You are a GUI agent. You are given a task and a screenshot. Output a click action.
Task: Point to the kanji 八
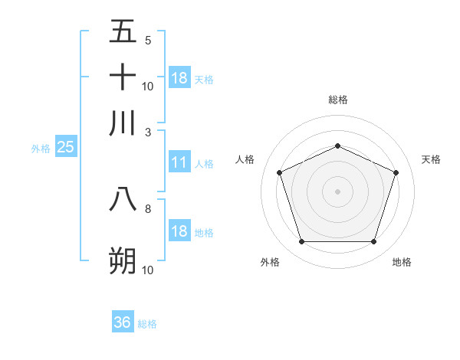[x=123, y=199]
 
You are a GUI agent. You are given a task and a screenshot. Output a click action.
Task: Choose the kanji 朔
[x=123, y=261]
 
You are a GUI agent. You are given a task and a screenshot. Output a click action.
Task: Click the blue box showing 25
[x=65, y=148]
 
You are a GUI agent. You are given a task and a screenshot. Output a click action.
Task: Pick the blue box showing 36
[x=122, y=322]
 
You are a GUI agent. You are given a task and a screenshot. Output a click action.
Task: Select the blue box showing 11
[x=179, y=162]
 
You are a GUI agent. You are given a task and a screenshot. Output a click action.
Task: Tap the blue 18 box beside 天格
[x=179, y=78]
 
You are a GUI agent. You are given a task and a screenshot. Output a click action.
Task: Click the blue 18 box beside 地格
[x=179, y=232]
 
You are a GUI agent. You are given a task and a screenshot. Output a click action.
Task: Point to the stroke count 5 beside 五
[x=148, y=41]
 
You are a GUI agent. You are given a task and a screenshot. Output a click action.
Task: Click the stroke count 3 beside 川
[x=148, y=132]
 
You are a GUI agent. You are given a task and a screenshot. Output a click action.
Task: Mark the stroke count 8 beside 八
[x=148, y=208]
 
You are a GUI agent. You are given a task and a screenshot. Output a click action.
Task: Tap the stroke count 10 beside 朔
[x=148, y=270]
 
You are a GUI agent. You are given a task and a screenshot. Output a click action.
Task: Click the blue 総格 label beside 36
[x=147, y=324]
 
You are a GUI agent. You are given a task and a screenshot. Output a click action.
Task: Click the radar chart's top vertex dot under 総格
[x=337, y=146]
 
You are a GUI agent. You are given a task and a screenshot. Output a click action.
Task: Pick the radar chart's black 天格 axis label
[x=431, y=159]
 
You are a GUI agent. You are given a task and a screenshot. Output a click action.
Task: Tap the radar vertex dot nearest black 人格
[x=280, y=172]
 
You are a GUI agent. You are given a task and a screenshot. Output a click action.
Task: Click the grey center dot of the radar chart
[x=337, y=191]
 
